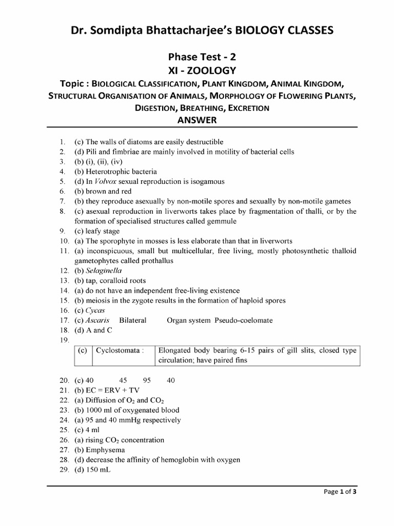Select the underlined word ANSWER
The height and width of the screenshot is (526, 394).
196,120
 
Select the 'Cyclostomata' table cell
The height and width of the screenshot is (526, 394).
118,351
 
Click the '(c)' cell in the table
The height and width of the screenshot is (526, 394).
82,351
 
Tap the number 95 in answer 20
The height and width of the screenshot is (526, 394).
147,381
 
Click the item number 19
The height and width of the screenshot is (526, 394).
64,340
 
